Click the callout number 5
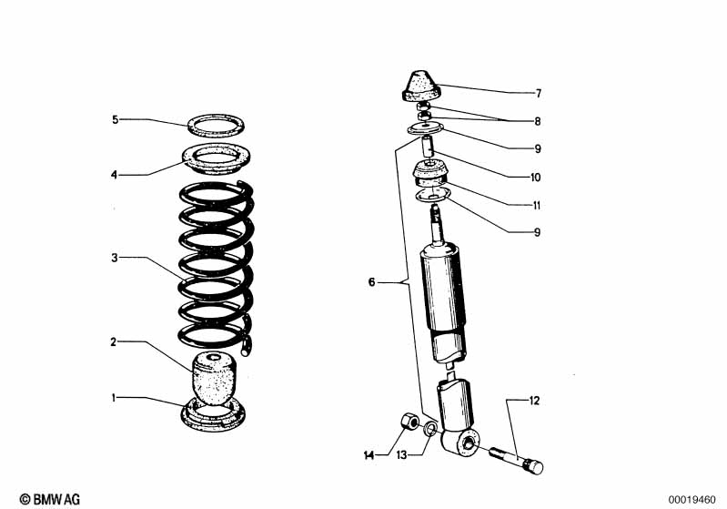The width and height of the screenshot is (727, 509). (115, 119)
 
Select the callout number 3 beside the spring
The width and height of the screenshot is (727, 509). (115, 259)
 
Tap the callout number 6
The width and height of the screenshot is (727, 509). (370, 283)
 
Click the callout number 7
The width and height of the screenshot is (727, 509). (538, 94)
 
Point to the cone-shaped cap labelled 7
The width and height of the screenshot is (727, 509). (421, 88)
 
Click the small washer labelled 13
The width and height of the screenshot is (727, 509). (430, 428)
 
